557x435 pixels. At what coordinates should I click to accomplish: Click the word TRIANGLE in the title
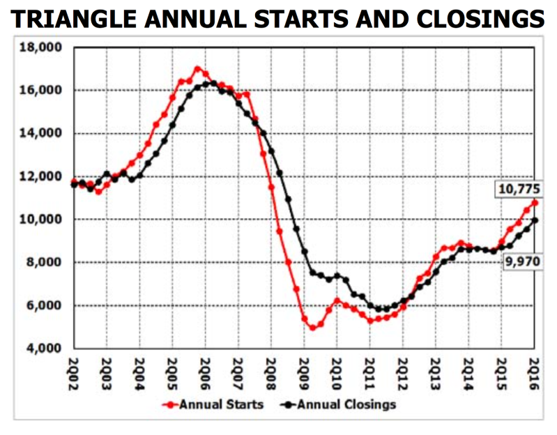click(73, 19)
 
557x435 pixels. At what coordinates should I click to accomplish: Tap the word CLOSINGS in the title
click(480, 19)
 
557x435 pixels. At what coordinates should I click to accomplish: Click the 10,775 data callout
click(519, 189)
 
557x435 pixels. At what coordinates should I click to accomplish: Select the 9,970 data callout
click(523, 261)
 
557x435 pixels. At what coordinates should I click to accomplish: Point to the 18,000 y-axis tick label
click(40, 47)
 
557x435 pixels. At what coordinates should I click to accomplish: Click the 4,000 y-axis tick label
click(44, 348)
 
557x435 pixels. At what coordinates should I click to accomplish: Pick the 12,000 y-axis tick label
click(40, 176)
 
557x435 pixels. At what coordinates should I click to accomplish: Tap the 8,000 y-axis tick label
click(44, 262)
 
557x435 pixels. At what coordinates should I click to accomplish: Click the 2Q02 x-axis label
click(73, 374)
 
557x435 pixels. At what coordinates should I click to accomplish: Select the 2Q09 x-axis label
click(305, 374)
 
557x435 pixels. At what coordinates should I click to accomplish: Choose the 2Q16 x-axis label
click(534, 374)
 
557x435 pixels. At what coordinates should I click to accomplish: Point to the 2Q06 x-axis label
click(206, 374)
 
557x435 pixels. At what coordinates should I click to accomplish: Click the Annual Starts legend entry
click(213, 404)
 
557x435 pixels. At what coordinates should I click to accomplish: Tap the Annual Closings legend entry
click(338, 404)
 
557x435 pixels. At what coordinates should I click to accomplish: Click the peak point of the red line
click(197, 68)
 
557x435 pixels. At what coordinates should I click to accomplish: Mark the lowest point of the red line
click(312, 328)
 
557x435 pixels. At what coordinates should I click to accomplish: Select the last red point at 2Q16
click(535, 203)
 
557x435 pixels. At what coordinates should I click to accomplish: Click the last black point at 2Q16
click(535, 220)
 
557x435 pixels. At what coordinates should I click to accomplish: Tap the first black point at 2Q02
click(74, 184)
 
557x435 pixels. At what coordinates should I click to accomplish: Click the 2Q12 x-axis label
click(403, 374)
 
